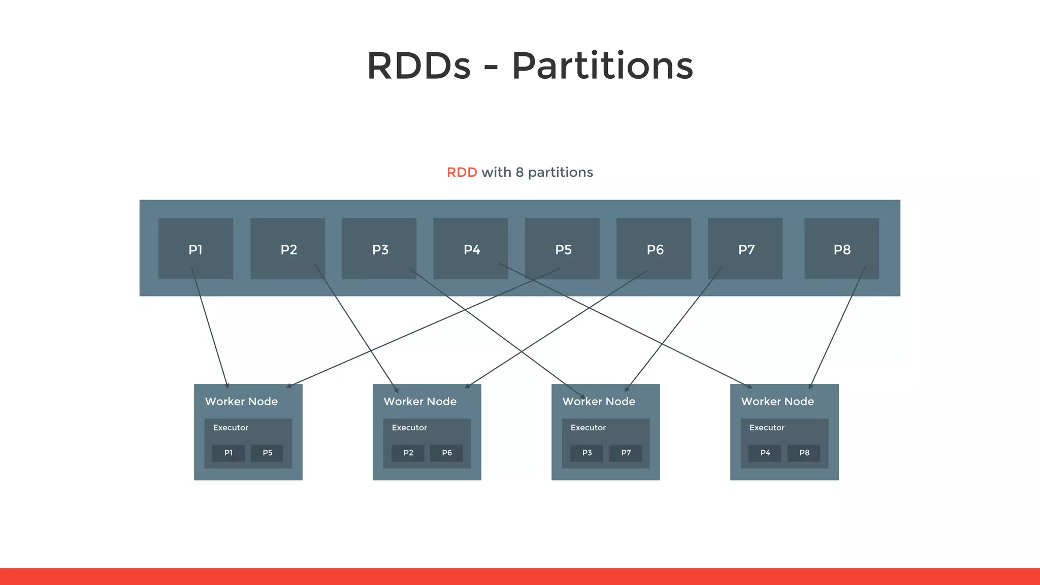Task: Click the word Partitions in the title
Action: [x=602, y=66]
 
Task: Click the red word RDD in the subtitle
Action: [x=462, y=173]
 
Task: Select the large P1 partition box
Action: [x=196, y=249]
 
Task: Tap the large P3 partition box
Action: [x=379, y=249]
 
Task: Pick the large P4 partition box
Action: [x=471, y=249]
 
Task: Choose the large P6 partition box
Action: [x=654, y=249]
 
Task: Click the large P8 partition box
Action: [x=841, y=249]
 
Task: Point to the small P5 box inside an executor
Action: [x=267, y=453]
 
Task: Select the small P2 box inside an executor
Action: [x=408, y=453]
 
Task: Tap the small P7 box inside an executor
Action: [x=626, y=453]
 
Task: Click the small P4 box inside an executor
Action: [x=765, y=453]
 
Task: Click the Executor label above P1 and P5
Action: [x=231, y=428]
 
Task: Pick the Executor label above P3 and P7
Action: [x=588, y=428]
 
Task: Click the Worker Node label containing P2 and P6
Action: [x=420, y=402]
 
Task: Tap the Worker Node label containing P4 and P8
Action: [x=777, y=402]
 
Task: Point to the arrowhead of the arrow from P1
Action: [x=227, y=386]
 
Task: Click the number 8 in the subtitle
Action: [x=519, y=173]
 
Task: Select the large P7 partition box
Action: [x=745, y=249]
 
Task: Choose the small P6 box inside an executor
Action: [x=446, y=453]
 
